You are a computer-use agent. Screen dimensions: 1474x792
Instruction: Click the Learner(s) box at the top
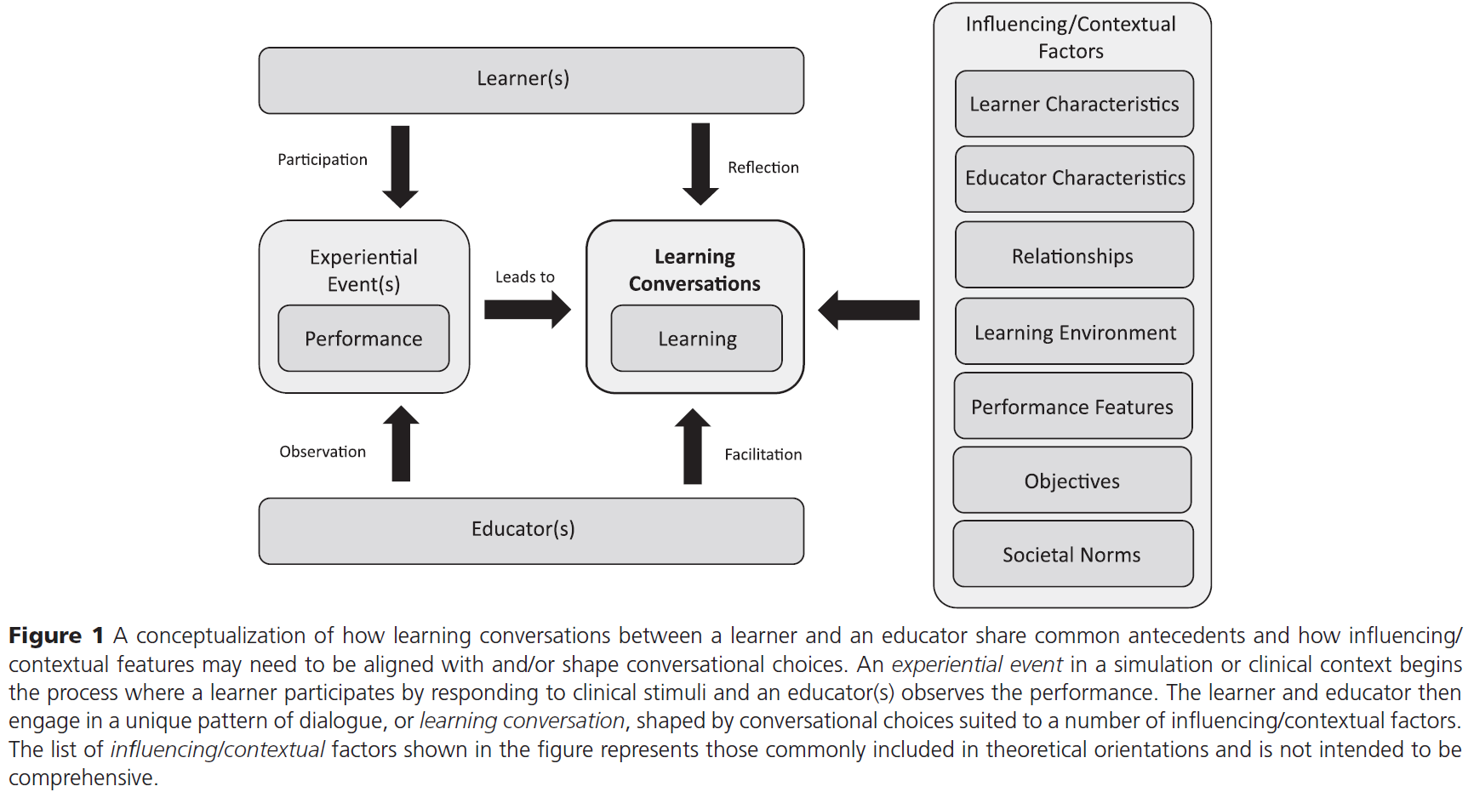click(531, 80)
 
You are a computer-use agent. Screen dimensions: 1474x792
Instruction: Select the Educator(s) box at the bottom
click(531, 530)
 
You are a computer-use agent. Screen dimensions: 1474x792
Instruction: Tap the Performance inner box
click(363, 339)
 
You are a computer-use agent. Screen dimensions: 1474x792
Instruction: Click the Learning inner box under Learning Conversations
click(696, 339)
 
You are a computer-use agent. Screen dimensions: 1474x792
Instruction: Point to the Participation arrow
click(400, 166)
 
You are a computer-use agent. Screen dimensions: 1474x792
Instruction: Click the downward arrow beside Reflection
click(700, 163)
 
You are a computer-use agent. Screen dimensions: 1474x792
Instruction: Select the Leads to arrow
click(527, 310)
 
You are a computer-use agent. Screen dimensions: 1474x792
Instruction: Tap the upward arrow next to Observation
click(401, 443)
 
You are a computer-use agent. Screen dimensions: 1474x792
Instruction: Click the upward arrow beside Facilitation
click(693, 446)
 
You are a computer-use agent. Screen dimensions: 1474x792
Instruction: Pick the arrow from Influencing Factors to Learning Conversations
click(869, 310)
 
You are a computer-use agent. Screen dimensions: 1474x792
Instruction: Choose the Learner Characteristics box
click(1074, 104)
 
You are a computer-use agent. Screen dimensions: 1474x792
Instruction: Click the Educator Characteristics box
click(1074, 179)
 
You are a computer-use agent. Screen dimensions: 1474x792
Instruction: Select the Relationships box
click(1074, 255)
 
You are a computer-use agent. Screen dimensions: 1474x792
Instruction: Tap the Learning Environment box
click(1074, 332)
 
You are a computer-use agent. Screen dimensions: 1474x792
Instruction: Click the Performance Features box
click(1072, 407)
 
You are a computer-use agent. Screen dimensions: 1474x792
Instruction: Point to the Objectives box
click(1072, 481)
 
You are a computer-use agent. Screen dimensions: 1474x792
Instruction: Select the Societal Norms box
click(1072, 555)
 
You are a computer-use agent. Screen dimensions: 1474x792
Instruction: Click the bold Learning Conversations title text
click(694, 270)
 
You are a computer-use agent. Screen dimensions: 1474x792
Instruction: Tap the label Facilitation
click(763, 455)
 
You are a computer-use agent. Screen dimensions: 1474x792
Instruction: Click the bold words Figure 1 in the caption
click(56, 636)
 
